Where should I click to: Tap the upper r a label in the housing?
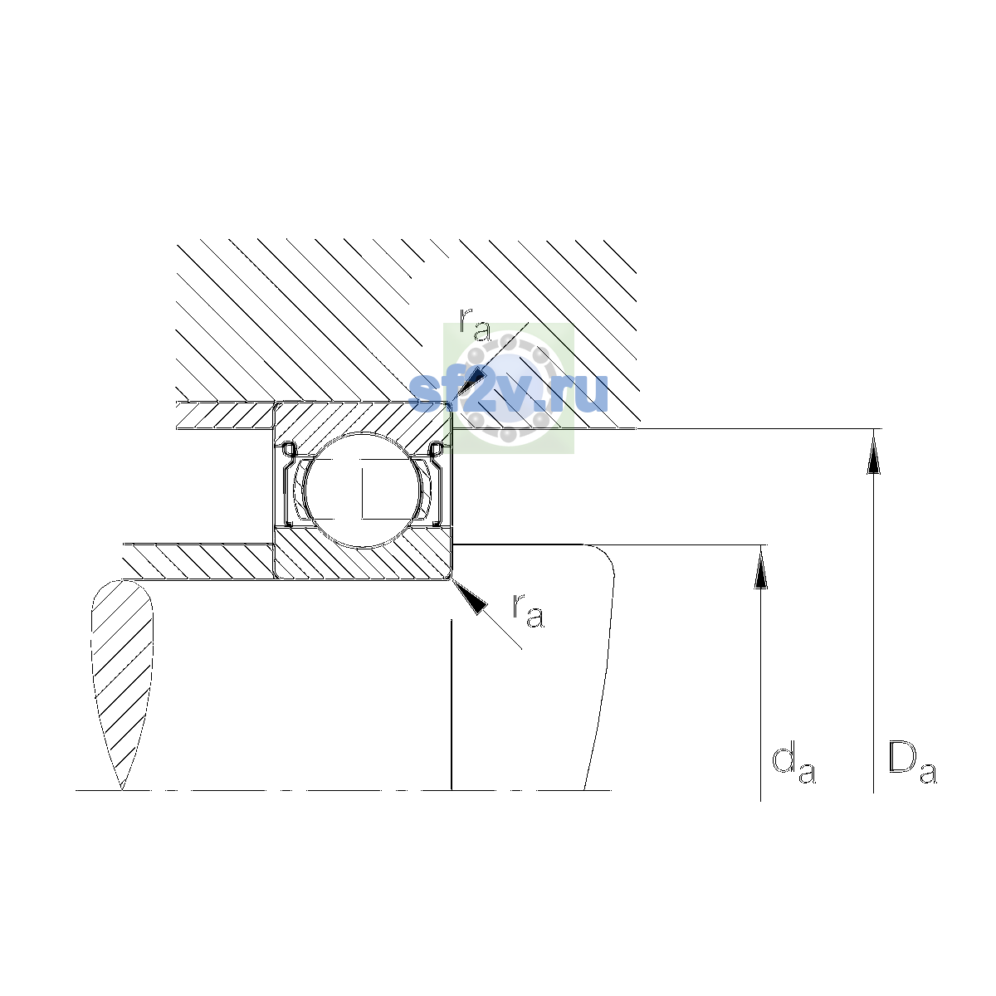pos(475,325)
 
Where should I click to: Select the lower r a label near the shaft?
pos(528,612)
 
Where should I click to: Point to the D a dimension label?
pos(912,763)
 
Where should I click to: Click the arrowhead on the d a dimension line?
pos(760,567)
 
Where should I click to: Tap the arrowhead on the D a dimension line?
pos(873,452)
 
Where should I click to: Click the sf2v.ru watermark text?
pos(508,392)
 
